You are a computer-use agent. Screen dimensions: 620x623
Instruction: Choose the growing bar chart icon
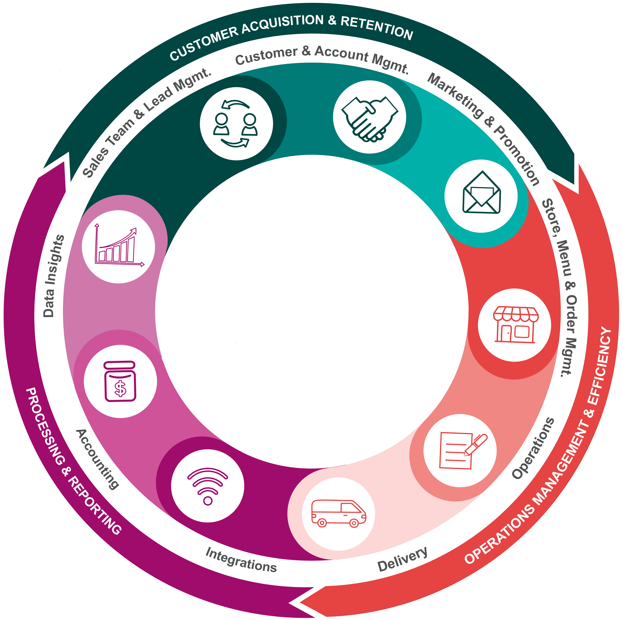tap(119, 246)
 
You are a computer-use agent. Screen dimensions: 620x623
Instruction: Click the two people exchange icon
tap(236, 124)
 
